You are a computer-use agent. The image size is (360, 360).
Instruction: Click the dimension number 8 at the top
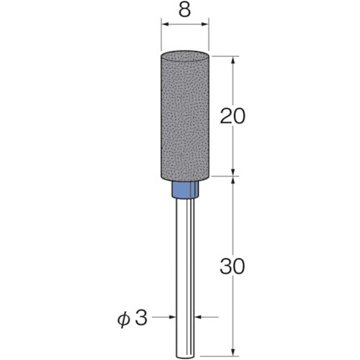pos(185,10)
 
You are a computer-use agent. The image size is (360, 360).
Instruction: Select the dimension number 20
pos(233,116)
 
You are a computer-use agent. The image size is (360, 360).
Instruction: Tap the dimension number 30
pos(233,266)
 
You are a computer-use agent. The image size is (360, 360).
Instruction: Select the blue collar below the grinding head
pos(185,189)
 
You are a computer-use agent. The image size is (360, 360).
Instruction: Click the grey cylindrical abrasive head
pos(185,115)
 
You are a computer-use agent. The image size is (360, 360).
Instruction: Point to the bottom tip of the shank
pos(185,357)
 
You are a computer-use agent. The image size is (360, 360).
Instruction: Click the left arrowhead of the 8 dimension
pos(166,24)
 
